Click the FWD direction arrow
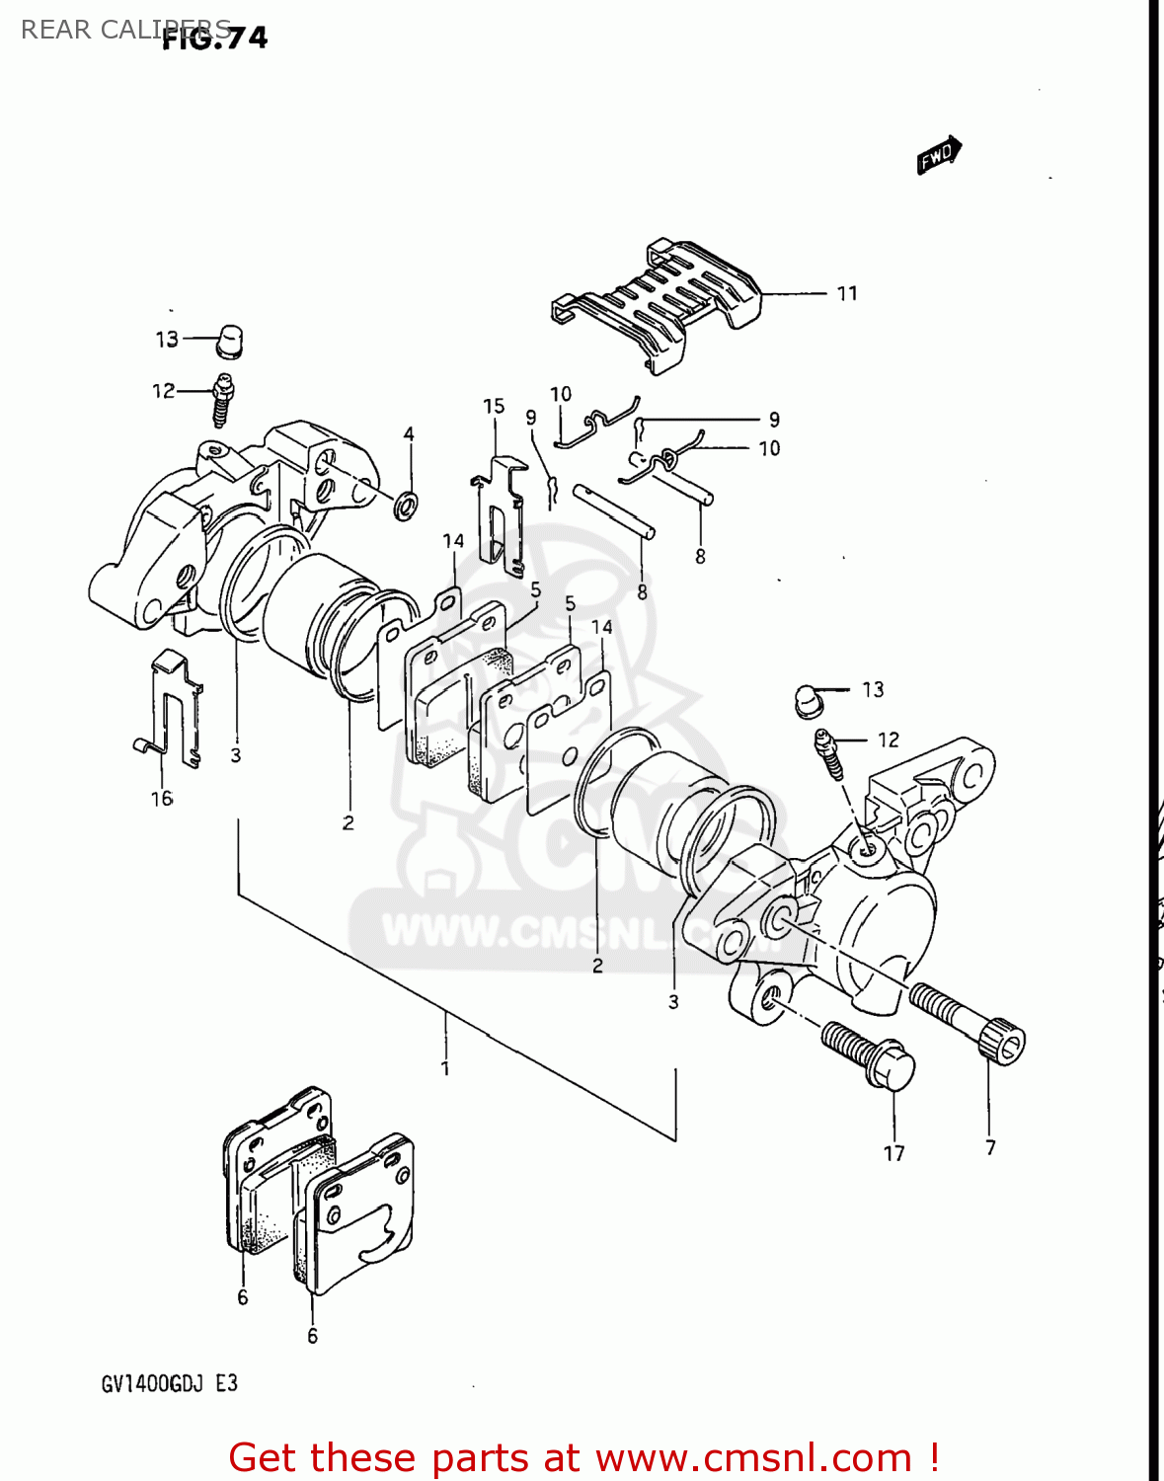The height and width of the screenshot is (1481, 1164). coord(938,155)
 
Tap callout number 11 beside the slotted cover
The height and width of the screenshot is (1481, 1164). coord(847,293)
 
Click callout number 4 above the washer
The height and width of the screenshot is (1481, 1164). coord(409,433)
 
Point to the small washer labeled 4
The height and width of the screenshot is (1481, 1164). coord(405,507)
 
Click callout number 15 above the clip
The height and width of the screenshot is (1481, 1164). coord(494,406)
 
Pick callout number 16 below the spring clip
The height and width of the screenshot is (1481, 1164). coord(162,798)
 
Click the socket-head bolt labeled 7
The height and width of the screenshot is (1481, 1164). coord(972,1021)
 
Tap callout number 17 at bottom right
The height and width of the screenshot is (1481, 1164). coord(893,1153)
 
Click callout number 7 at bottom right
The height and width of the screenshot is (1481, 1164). coord(990,1147)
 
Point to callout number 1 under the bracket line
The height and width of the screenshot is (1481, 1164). coord(445,1068)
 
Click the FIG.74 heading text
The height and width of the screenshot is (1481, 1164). coord(214,38)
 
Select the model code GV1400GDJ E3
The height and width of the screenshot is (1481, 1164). coord(169,1383)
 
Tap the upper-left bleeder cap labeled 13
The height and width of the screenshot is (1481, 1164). coord(230,341)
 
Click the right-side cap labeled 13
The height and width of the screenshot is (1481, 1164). coord(809,700)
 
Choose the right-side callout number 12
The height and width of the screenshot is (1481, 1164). coord(889,740)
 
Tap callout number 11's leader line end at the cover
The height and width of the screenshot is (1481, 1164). coord(762,293)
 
